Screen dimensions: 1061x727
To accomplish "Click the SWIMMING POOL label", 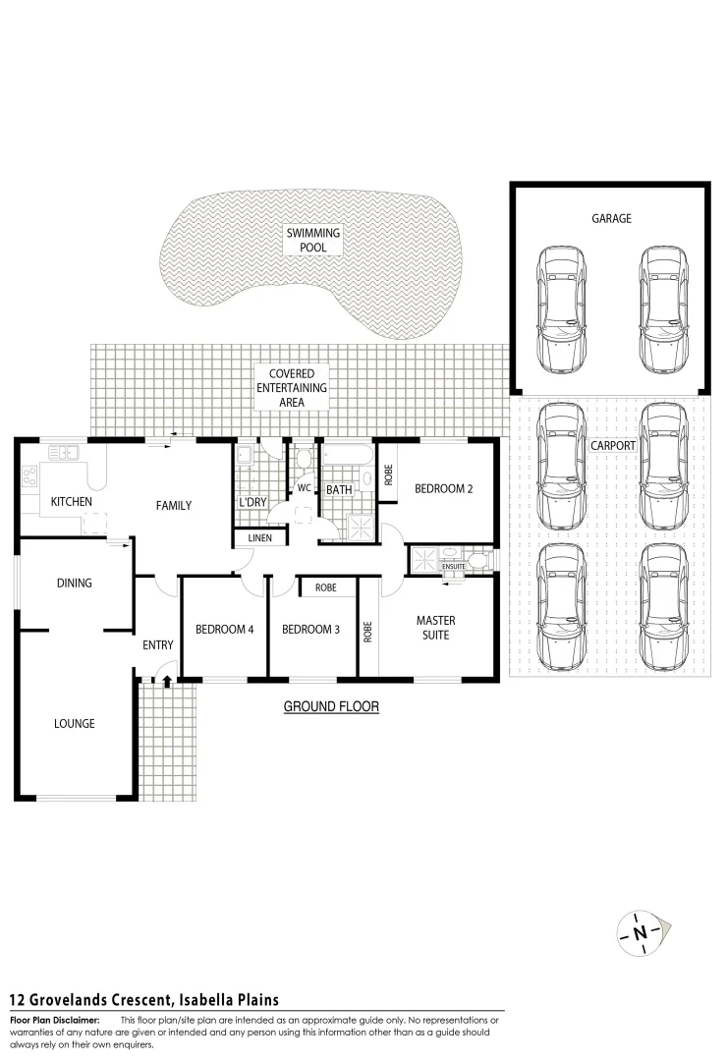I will coord(313,240).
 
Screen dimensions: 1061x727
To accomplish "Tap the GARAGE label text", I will coord(610,219).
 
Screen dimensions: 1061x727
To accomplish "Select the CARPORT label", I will coord(612,445).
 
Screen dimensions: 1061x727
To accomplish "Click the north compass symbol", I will coord(641,931).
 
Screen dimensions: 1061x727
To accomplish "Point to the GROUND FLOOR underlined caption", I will coord(331,706).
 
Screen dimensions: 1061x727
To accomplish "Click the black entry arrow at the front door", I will coord(167,679).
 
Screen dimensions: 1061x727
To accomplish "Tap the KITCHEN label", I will coord(72,502).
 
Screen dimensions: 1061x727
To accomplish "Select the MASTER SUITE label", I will coord(435,628).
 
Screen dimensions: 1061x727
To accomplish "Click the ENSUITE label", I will coord(453,567).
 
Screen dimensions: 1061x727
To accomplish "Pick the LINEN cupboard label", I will coord(259,538).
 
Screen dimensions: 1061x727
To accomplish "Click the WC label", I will coord(304,487).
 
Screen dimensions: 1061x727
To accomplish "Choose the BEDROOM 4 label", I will coord(224,630).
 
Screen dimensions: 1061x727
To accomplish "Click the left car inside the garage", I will coord(560,307).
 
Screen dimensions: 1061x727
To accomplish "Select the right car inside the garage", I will coord(661,307).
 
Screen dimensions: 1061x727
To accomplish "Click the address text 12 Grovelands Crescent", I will coord(144,1000).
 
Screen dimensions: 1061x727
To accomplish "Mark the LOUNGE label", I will coord(74,724).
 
